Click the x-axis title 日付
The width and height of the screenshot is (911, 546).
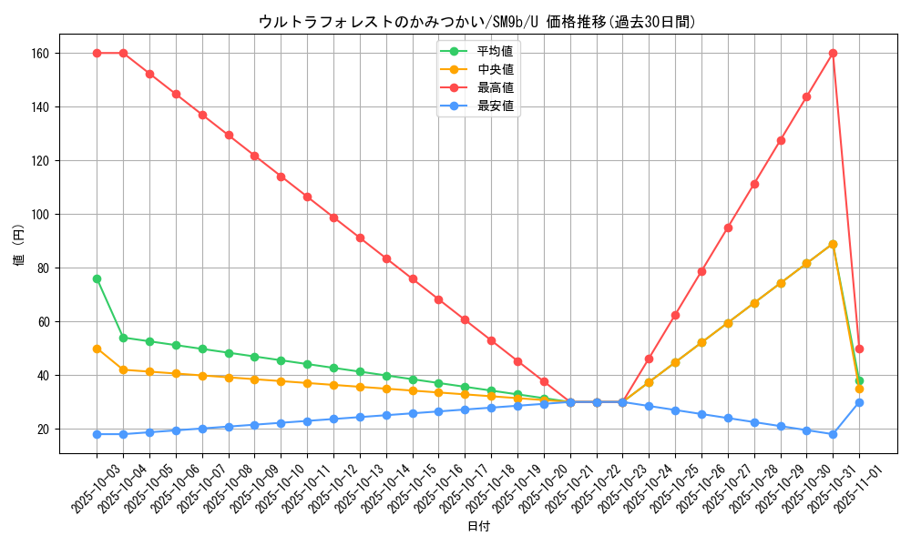[x=477, y=526]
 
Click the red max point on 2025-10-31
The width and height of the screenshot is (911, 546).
[x=833, y=53]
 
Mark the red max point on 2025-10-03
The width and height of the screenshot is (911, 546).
[x=97, y=53]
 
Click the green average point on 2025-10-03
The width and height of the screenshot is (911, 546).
[x=97, y=278]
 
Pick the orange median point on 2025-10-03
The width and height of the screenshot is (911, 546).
[x=97, y=349]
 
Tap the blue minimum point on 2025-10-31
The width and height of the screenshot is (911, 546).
[x=833, y=434]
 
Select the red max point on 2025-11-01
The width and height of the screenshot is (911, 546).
[x=859, y=349]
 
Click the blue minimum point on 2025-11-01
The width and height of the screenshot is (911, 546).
[x=859, y=402]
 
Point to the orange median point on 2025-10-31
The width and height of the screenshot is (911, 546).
[x=833, y=244]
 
